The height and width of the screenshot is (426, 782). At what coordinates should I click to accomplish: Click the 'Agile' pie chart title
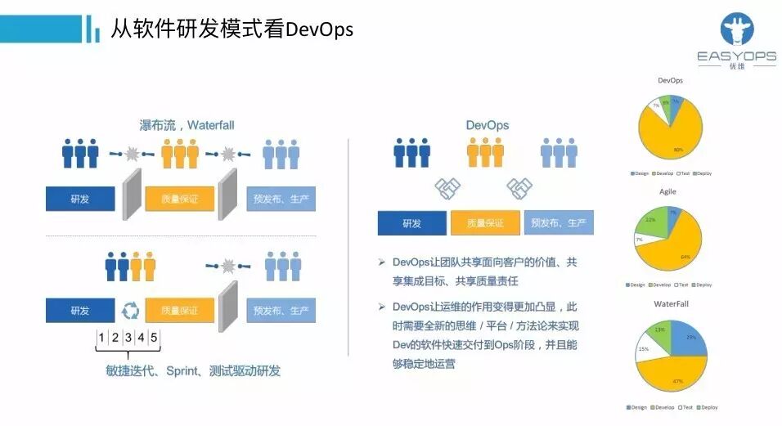667,191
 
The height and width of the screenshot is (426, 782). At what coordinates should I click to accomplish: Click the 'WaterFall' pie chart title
670,303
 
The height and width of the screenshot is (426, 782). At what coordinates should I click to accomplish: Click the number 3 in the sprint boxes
128,338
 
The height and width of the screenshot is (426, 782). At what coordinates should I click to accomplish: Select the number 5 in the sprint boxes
154,338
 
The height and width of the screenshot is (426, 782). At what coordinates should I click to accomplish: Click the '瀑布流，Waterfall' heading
187,125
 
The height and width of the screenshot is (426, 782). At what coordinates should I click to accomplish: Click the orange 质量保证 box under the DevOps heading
485,223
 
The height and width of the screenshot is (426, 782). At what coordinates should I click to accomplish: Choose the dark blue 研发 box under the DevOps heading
411,223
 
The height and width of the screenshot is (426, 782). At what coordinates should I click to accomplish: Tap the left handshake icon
447,189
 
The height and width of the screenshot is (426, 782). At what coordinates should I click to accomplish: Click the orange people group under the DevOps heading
485,152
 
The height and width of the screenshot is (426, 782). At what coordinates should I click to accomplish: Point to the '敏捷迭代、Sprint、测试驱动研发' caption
193,370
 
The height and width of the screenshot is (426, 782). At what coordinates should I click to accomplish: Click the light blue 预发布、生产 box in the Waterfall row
281,199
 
